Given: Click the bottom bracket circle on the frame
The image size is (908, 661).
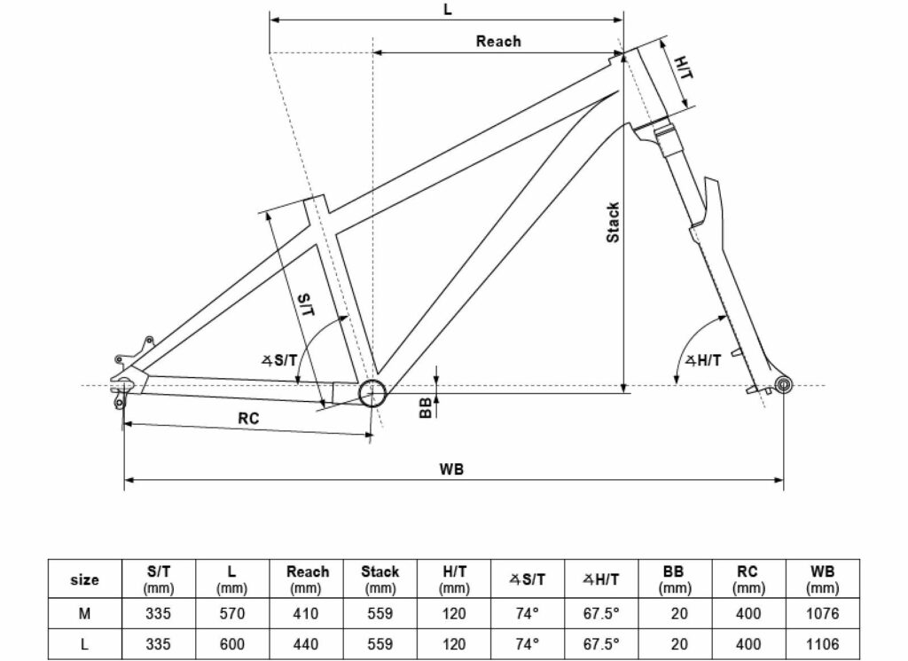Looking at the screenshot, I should coord(372,392).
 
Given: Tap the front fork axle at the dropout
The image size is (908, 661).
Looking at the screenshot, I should coord(783,383).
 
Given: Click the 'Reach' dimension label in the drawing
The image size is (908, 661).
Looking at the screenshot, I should coord(498,41).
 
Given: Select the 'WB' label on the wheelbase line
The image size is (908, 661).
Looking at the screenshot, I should coord(452,468).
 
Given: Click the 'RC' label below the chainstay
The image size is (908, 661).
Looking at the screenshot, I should coord(248,419).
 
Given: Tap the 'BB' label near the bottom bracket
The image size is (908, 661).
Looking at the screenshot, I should coord(426,406).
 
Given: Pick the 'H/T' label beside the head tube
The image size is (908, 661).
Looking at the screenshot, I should coord(684,68).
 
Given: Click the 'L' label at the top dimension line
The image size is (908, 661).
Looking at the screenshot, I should coord(447,9).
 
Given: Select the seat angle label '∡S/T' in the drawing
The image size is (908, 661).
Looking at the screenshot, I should coord(278,359).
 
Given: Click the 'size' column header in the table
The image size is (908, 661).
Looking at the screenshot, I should coord(84,579).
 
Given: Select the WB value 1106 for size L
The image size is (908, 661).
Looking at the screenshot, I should coord(822,645).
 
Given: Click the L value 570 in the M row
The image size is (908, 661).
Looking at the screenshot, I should coord(231,613).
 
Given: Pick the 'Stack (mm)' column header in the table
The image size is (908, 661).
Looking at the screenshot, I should coord(380,578).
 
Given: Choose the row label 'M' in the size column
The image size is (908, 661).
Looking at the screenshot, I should coord(84,613).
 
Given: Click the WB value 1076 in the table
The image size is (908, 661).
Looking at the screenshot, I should coord(822,613).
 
